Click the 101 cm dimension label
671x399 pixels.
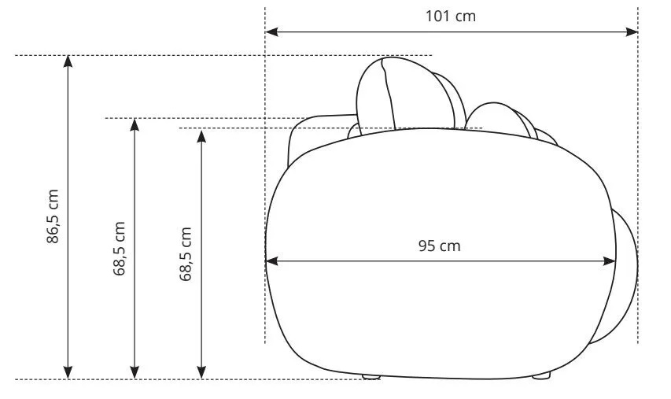(450, 17)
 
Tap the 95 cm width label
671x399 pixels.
(440, 246)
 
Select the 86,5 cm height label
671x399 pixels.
(53, 216)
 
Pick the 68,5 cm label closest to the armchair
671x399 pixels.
(186, 254)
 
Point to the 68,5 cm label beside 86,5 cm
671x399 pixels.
(120, 249)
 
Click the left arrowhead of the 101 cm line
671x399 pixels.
(271, 31)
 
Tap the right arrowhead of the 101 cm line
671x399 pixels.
(632, 31)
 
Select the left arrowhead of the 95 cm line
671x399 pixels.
(271, 260)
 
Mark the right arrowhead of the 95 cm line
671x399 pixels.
(610, 260)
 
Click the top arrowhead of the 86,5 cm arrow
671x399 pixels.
(68, 61)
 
